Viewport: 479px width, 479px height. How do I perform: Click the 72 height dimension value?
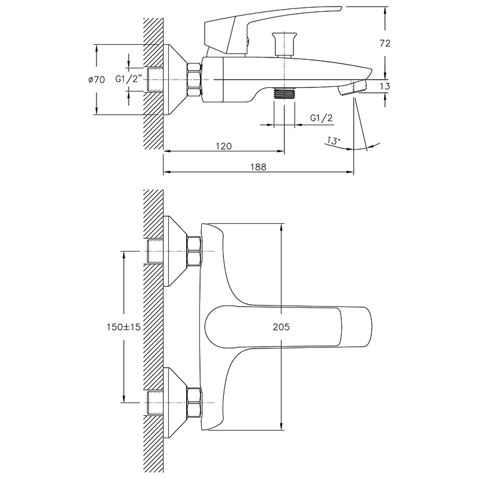(x=384, y=43)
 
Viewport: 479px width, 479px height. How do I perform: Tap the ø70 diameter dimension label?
(x=96, y=80)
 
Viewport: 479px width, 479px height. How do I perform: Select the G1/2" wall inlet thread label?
(x=129, y=79)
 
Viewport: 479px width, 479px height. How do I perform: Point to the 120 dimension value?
(x=224, y=146)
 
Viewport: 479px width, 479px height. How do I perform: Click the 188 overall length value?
(x=259, y=167)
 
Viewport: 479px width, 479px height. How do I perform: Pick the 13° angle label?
(x=333, y=141)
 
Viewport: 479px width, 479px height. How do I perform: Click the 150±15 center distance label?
(x=123, y=327)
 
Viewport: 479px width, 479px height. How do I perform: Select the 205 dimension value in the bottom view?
(x=281, y=327)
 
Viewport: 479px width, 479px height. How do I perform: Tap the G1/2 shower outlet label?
(x=322, y=118)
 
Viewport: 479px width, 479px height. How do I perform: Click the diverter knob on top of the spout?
(x=284, y=44)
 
